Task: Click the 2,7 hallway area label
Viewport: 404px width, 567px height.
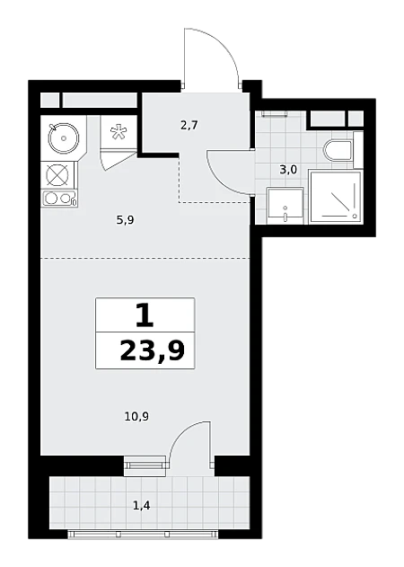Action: (189, 126)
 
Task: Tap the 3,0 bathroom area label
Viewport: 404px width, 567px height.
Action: (288, 169)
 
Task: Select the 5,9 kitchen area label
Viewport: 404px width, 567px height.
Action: (126, 220)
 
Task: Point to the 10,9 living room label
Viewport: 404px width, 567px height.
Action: (137, 417)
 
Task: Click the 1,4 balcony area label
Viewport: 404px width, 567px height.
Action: (142, 506)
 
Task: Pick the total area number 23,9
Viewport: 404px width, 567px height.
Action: (152, 350)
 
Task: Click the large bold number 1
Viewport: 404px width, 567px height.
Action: (145, 315)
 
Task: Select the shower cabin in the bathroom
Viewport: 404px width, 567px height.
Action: (335, 198)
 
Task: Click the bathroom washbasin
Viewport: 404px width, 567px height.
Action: (285, 206)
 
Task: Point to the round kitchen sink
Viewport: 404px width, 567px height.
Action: (64, 137)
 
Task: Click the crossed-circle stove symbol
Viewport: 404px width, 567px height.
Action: (58, 175)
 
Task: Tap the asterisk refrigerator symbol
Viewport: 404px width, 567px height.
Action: (118, 132)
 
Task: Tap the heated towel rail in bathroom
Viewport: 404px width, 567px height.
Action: (275, 114)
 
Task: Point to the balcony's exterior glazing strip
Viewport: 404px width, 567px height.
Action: (143, 534)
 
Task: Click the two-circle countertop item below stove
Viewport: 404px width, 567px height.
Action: (59, 199)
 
